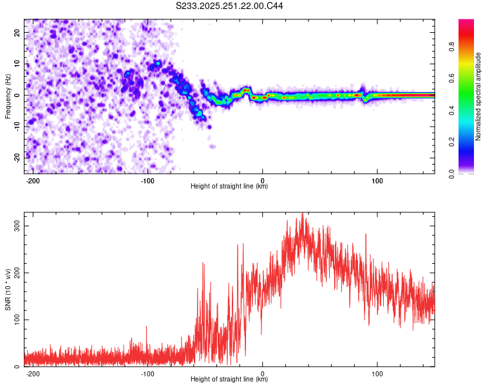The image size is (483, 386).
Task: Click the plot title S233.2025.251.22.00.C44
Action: point(229,6)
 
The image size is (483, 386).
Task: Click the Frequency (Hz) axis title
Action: point(8,96)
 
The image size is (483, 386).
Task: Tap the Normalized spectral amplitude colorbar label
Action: point(478,96)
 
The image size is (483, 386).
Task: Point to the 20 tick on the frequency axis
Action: point(16,32)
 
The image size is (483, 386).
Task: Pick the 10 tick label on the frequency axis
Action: point(16,64)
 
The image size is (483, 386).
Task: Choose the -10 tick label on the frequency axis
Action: point(15,126)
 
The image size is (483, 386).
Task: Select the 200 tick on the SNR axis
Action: point(15,273)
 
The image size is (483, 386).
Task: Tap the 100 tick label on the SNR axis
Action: point(15,320)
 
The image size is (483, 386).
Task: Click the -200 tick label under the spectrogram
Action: point(32,179)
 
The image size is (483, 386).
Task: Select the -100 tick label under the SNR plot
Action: point(147,373)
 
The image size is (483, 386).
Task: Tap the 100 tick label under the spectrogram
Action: point(377,179)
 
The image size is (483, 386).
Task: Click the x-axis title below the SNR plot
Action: point(229,380)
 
